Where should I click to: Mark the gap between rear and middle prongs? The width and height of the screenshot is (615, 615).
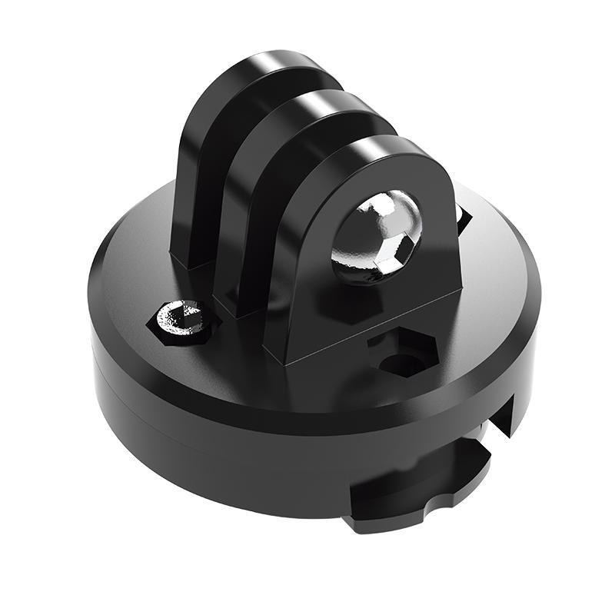pos(231,192)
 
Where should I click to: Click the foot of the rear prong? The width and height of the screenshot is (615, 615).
pos(188,258)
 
